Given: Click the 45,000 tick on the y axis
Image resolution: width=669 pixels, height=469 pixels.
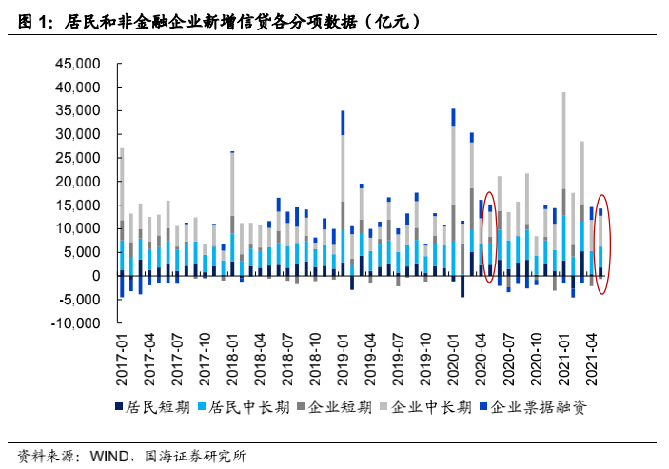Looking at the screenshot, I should [78, 64].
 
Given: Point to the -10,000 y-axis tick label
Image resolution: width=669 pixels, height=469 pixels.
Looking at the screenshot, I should [76, 322].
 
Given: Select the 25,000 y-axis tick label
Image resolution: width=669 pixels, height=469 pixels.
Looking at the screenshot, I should [78, 158].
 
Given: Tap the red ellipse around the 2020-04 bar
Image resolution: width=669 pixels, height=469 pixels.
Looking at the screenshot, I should [489, 235].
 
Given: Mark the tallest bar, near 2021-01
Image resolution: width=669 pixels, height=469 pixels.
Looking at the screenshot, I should [563, 181].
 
